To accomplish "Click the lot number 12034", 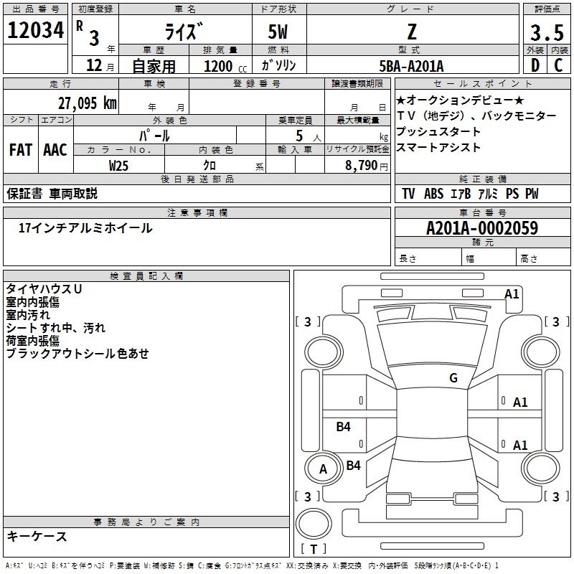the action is (x=35, y=30).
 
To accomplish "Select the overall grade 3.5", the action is (x=547, y=32).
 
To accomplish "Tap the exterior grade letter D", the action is (x=535, y=65).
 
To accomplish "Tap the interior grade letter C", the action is (x=558, y=65).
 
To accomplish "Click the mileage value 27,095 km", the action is (x=88, y=103).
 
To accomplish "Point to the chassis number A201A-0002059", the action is (x=482, y=228).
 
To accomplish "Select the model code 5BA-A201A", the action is (x=411, y=66).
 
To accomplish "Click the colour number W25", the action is (x=118, y=166).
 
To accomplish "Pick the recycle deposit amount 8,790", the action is (x=361, y=166).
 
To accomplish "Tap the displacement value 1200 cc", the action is (x=225, y=66).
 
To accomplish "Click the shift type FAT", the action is (x=21, y=150).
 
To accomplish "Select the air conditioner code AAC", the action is (x=55, y=150).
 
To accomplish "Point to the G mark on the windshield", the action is (x=453, y=378).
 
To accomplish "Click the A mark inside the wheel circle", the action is (x=323, y=469).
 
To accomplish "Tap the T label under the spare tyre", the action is (x=314, y=549).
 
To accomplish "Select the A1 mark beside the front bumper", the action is (x=512, y=294).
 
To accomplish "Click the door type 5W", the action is (x=278, y=32).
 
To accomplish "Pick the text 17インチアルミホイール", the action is (x=85, y=228).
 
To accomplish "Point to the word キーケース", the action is (x=37, y=536).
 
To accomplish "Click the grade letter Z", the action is (x=412, y=32).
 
